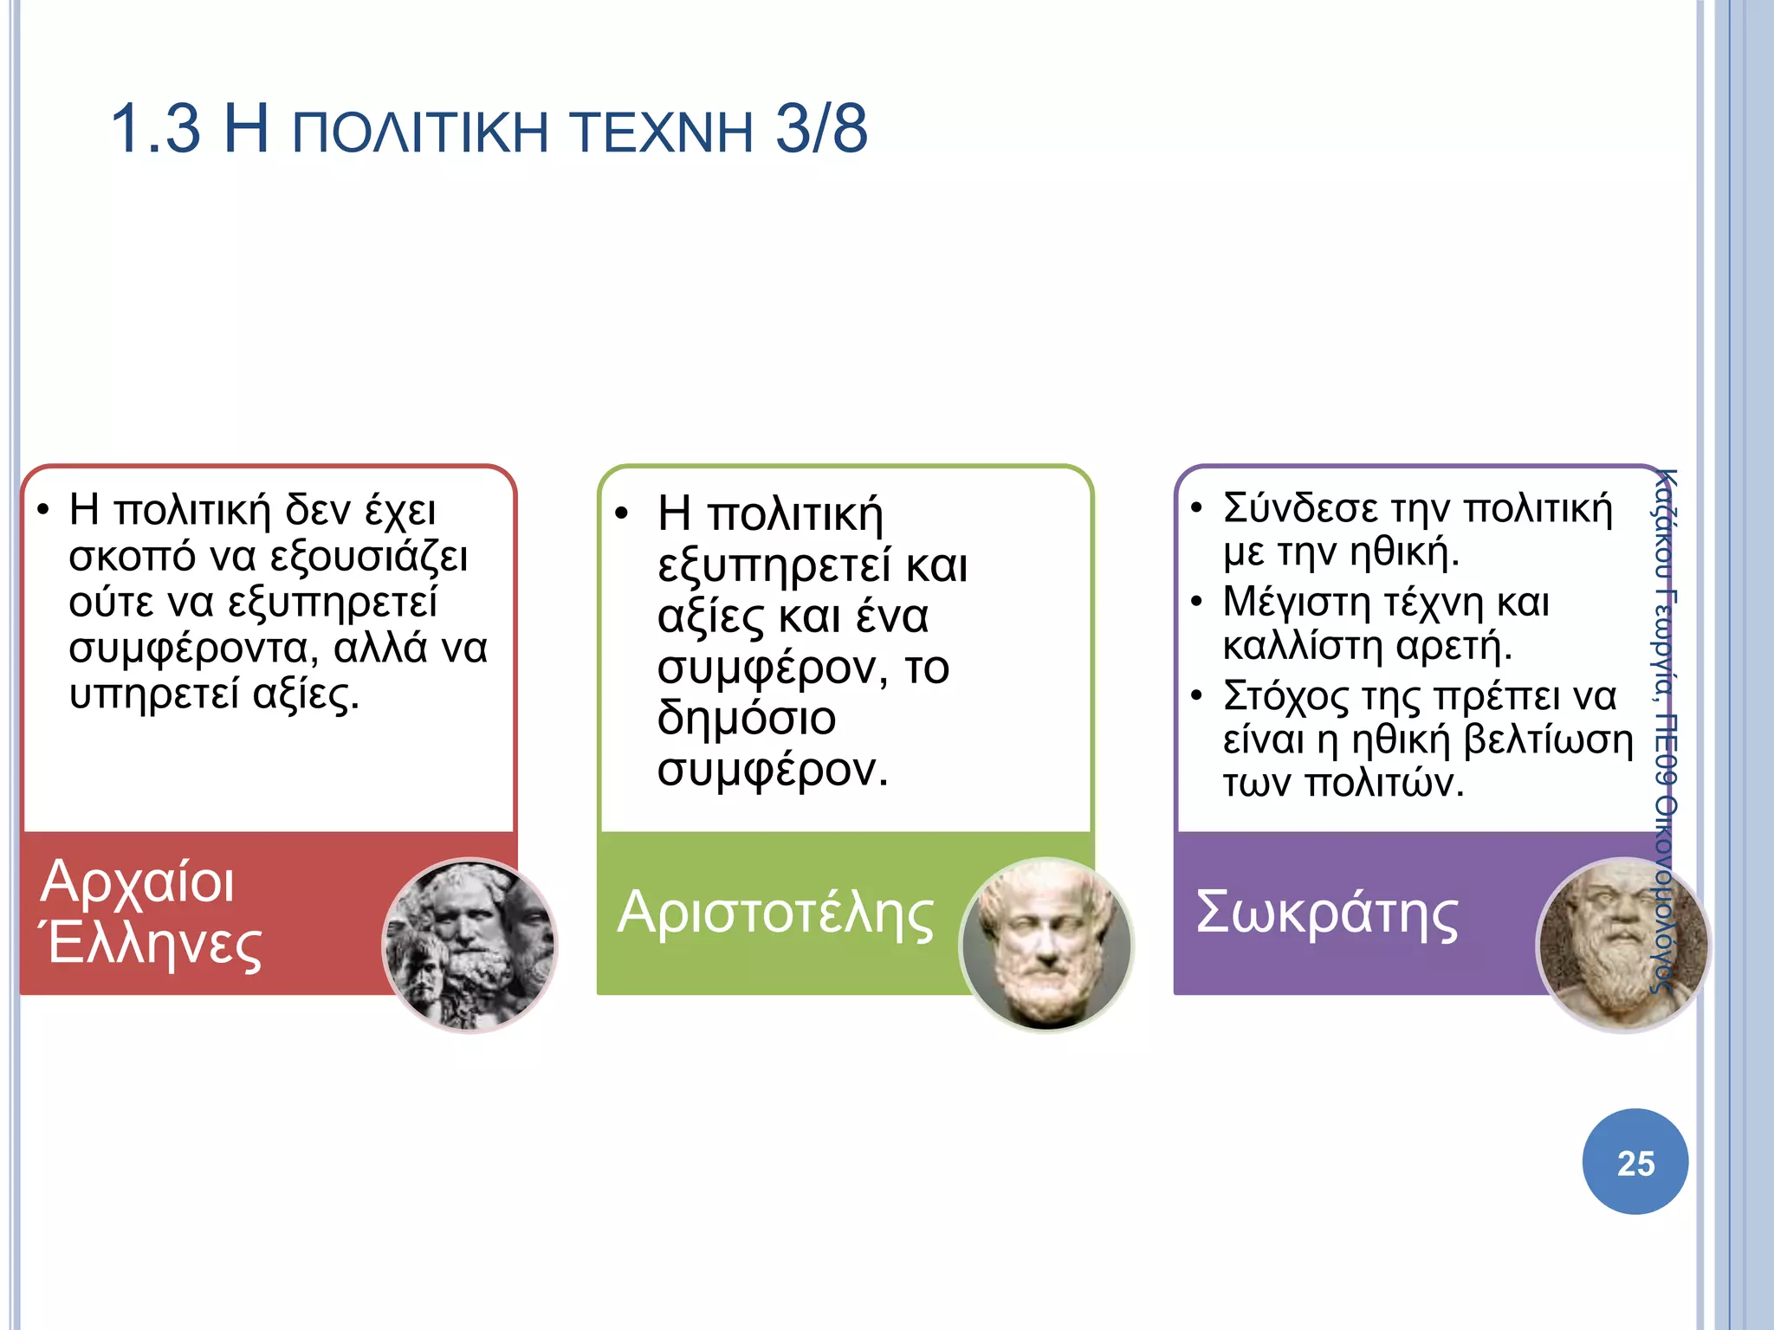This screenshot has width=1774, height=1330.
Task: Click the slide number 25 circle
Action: click(x=1635, y=1162)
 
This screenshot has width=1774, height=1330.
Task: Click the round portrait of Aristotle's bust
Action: click(x=1046, y=945)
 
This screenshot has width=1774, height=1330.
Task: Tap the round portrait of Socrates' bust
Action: click(x=1622, y=945)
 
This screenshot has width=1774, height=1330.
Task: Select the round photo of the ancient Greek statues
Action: click(x=469, y=945)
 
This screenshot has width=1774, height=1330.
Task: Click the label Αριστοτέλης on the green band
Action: click(x=775, y=914)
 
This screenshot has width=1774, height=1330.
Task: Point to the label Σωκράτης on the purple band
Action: click(x=1326, y=914)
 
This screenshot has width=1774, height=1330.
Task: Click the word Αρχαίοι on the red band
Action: click(x=138, y=882)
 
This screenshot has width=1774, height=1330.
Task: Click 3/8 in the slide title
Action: click(x=820, y=130)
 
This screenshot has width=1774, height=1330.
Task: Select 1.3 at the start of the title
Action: click(x=155, y=130)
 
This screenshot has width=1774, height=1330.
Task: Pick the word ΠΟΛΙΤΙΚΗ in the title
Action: click(x=420, y=132)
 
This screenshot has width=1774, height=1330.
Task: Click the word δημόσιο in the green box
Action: click(x=746, y=719)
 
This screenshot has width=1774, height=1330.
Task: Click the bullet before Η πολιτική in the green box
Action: click(x=621, y=513)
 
